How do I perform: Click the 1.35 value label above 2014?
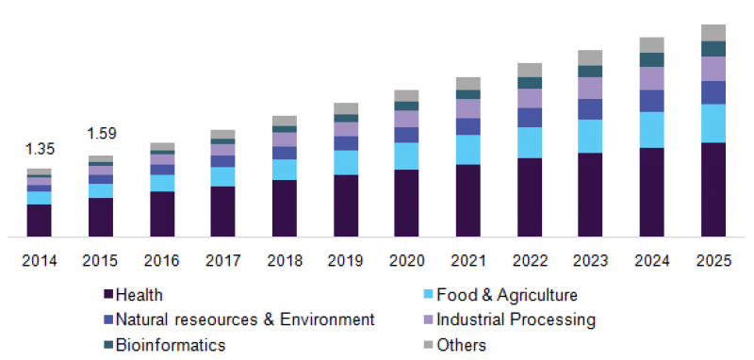[40, 148]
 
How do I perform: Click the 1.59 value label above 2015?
[101, 134]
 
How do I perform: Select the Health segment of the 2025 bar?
[713, 188]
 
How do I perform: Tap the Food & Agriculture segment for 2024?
[652, 130]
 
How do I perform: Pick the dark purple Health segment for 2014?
[40, 220]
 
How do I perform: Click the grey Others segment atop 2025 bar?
[713, 33]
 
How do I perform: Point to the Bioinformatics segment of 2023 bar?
[591, 72]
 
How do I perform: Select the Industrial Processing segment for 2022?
[530, 98]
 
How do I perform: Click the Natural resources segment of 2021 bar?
[468, 126]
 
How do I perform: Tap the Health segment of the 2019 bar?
[346, 205]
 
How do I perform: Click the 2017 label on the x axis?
[223, 260]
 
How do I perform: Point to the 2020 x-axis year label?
[407, 260]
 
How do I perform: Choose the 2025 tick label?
[713, 260]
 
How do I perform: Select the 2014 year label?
[40, 260]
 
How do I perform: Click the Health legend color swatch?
[107, 296]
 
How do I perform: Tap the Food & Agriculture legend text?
[513, 296]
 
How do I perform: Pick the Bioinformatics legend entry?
[171, 345]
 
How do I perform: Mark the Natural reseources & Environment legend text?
[245, 320]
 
